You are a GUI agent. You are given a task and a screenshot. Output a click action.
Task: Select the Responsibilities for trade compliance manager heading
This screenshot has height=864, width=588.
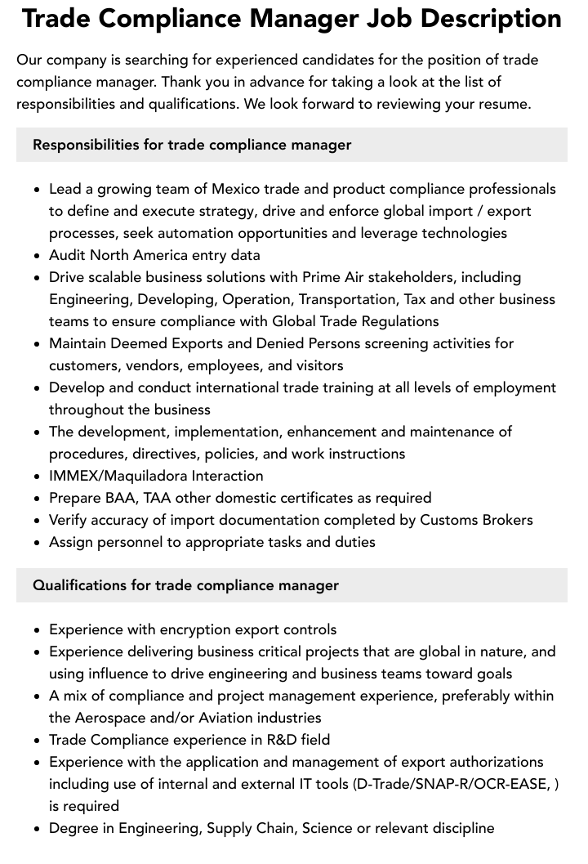coord(192,145)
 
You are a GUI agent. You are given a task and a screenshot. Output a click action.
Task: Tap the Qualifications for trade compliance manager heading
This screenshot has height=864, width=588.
coord(185,585)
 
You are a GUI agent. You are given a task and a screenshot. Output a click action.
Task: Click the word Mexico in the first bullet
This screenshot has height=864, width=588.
coord(238,189)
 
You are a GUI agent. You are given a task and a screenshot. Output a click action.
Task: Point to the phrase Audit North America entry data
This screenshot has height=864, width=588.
coord(154,255)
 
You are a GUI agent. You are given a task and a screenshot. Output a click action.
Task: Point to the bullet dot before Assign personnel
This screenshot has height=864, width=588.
coord(37,542)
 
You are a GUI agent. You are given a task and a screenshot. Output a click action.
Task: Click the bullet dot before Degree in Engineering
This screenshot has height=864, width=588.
coord(37,828)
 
